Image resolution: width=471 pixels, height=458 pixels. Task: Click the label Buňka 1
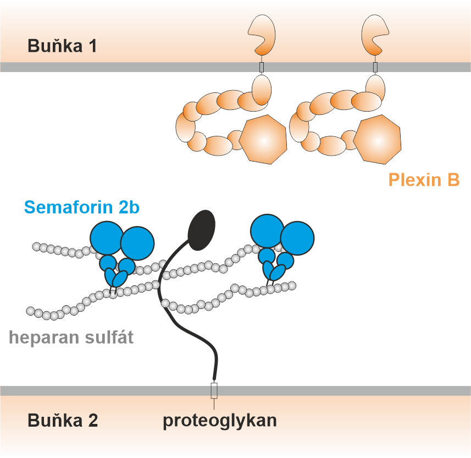pos(62,46)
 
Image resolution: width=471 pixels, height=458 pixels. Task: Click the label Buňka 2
pos(63,420)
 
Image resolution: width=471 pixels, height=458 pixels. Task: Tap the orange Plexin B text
pos(424,180)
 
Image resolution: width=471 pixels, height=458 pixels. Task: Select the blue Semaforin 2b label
pos(82,207)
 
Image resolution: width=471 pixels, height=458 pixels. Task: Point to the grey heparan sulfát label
pos(71,337)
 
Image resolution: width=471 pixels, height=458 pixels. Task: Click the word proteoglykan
pos(220,421)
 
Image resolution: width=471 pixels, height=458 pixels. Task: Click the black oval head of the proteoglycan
pos(201,230)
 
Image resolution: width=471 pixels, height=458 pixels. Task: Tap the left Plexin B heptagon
pos(263,140)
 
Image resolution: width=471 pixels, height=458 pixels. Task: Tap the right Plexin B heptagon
pos(377,140)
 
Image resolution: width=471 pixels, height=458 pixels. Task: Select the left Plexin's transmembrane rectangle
pos(262,67)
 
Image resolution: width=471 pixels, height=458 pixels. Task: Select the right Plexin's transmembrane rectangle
pos(375,67)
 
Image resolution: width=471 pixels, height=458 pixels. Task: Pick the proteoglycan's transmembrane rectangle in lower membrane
pos(214,390)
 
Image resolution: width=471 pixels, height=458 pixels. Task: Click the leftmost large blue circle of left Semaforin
pos(107,238)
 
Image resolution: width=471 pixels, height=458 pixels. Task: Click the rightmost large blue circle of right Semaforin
pos(297,238)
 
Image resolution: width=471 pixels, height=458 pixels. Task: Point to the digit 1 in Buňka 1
pos(92,46)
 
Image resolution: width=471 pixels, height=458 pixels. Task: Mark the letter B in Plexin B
pos(453,180)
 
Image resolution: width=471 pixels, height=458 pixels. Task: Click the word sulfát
pos(109,336)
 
